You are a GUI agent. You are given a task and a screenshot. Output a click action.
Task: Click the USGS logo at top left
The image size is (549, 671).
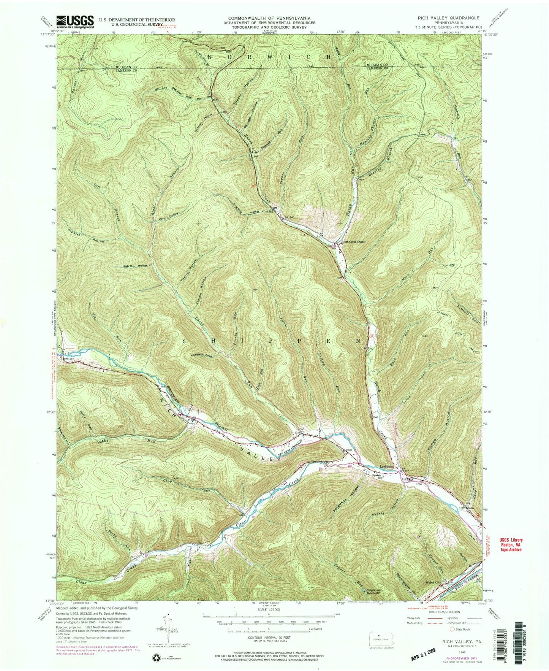tap(75, 22)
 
